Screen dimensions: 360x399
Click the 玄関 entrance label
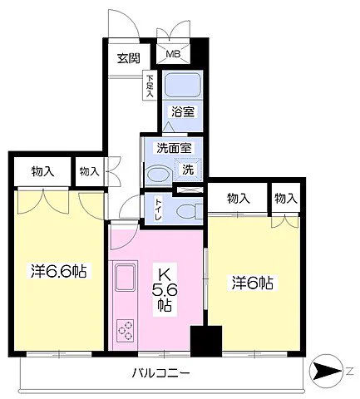point(128,59)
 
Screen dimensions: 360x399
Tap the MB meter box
point(173,53)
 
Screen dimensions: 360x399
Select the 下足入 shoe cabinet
point(150,85)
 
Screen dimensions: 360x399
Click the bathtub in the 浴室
point(182,85)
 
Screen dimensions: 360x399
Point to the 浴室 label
point(183,111)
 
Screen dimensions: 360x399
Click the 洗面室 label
point(174,148)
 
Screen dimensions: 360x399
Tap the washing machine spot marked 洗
point(188,170)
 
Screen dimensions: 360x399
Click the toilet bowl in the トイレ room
point(189,211)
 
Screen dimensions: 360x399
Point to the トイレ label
point(158,209)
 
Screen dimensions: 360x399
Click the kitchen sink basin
point(126,277)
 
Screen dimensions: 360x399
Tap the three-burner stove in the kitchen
point(126,330)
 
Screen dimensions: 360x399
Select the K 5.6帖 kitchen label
point(165,290)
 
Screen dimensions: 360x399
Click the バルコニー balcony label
point(160,373)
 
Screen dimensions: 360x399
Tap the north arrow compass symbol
point(326,371)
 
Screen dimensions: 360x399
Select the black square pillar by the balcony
point(206,341)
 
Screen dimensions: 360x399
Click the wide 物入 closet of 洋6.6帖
point(42,171)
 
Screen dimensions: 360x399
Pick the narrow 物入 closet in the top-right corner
point(286,198)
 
